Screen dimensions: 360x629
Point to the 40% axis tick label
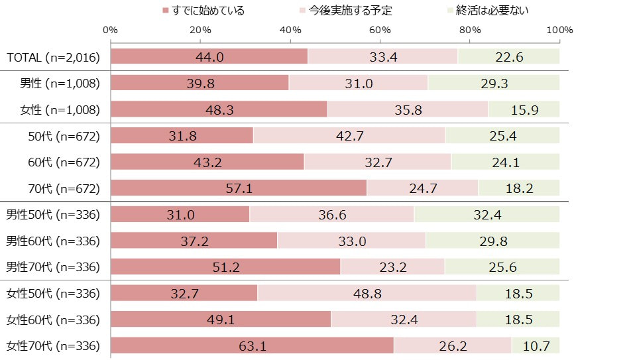coord(290,30)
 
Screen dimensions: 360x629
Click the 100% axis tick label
coord(560,30)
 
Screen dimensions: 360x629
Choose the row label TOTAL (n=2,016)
coord(53,57)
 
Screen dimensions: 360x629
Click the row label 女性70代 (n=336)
coord(53,345)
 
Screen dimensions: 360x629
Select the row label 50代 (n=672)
coord(64,136)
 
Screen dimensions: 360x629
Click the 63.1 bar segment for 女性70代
coord(252,345)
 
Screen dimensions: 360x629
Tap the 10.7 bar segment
coord(536,345)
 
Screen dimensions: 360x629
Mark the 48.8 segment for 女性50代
coord(367,293)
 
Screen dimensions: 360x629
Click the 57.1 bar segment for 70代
coord(239,188)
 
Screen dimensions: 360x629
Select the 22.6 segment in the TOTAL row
coord(509,57)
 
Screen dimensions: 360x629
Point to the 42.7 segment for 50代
coord(349,136)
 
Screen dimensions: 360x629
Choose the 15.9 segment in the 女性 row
coord(524,109)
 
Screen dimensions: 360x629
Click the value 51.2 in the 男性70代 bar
coord(225,267)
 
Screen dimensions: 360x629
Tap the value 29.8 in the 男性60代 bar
coord(493,241)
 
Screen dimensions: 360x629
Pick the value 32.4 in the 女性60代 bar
coord(404,320)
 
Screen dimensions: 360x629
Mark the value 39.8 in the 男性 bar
coord(200,84)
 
